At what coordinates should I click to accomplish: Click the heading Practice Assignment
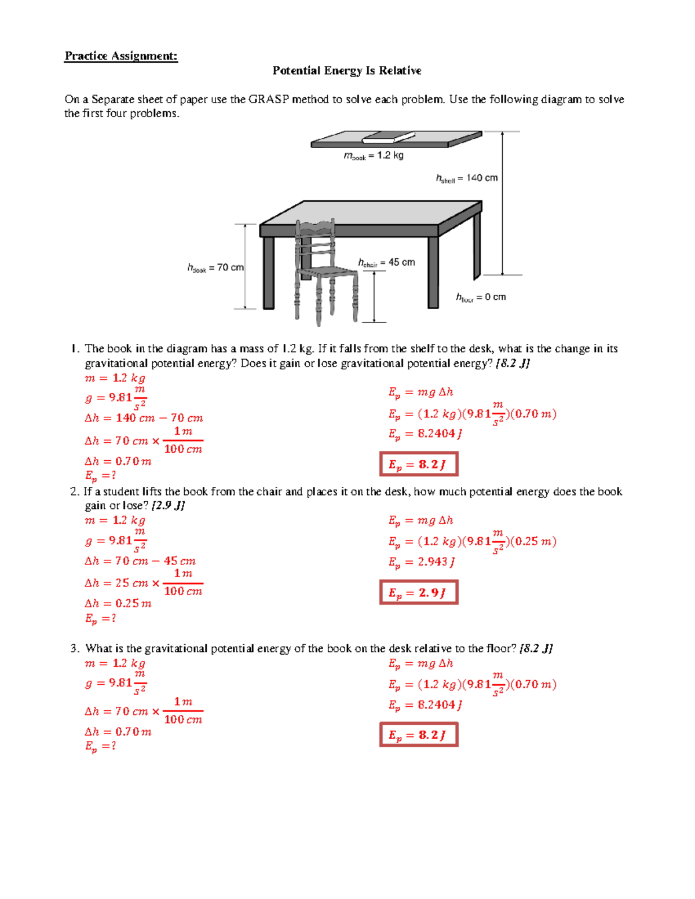point(120,56)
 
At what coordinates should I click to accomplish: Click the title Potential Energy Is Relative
point(346,71)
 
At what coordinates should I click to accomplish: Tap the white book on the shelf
point(388,138)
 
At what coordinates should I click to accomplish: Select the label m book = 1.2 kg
point(374,156)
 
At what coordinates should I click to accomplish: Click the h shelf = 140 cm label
point(466,178)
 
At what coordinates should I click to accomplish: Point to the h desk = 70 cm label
point(215,268)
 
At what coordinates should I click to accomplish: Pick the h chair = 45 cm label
point(386,263)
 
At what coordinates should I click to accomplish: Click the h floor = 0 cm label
point(481,298)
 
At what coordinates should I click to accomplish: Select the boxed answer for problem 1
point(418,464)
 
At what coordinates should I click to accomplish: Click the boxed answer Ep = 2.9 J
point(418,593)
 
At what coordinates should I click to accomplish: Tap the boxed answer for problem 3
point(418,735)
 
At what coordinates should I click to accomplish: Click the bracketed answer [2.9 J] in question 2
point(167,505)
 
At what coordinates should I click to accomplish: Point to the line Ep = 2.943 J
point(421,562)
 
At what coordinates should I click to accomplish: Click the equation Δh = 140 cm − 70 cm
point(144,418)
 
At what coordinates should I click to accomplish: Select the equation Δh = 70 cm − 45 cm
point(140,561)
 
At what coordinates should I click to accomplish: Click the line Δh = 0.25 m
point(118,603)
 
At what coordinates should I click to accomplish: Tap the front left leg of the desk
point(269,272)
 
